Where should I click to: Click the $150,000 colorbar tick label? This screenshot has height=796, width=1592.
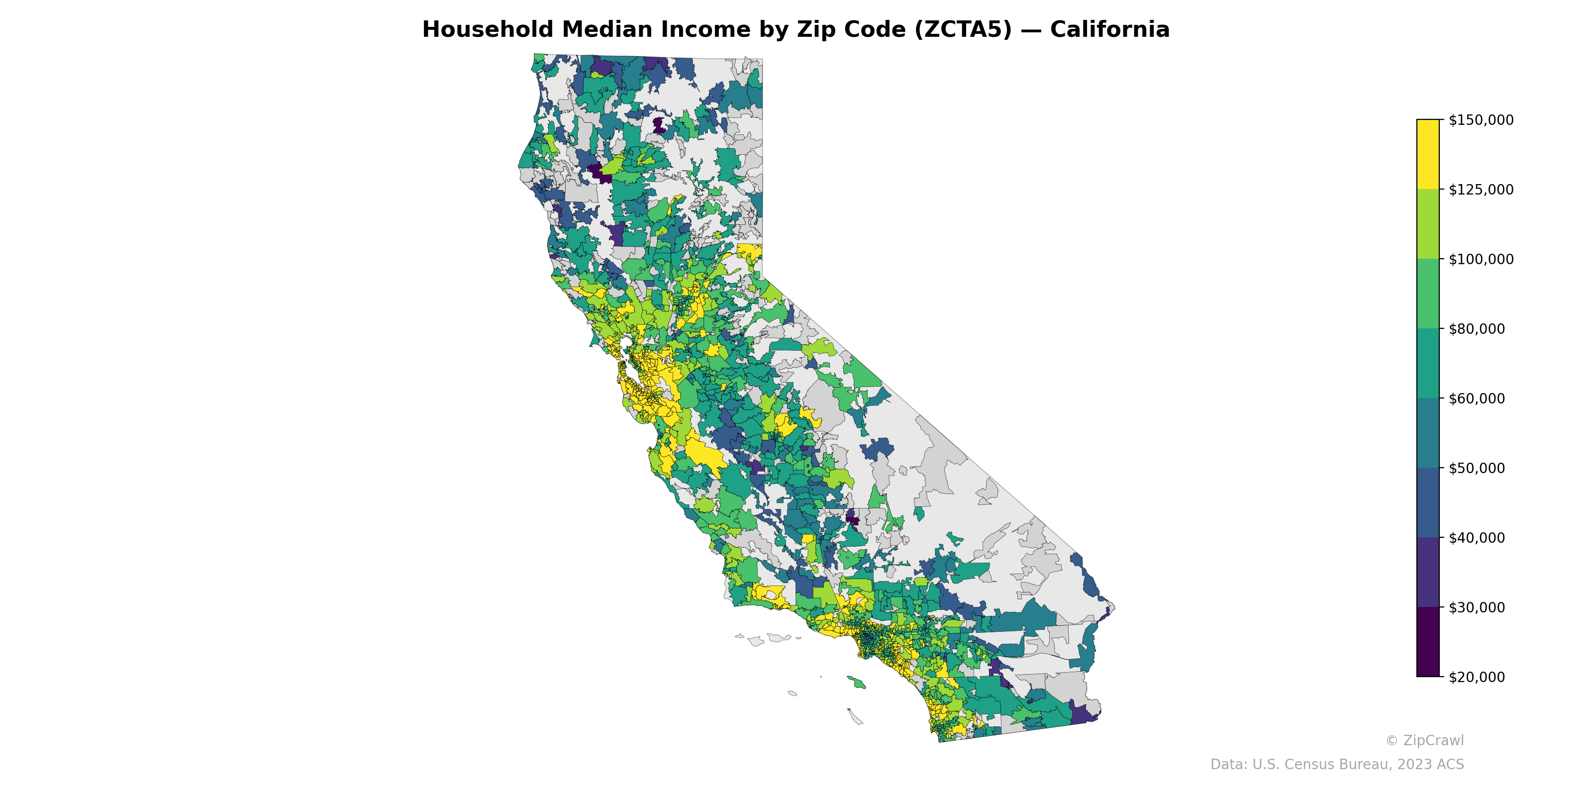click(x=1481, y=120)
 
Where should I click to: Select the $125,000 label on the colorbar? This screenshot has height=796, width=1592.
click(x=1481, y=190)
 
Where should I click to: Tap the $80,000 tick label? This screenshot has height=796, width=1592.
click(x=1477, y=329)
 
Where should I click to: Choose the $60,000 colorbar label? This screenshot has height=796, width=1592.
click(x=1477, y=398)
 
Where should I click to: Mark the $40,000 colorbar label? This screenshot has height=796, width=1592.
click(x=1477, y=538)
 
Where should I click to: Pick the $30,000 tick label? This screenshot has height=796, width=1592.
click(x=1477, y=607)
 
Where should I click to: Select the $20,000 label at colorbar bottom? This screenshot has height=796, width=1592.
click(x=1477, y=677)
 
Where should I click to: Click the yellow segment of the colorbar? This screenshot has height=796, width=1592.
click(x=1428, y=155)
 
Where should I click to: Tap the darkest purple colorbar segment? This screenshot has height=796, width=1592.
click(x=1428, y=642)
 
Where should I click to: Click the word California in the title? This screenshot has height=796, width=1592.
click(x=1109, y=30)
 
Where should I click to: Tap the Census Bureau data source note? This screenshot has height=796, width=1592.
click(x=1337, y=765)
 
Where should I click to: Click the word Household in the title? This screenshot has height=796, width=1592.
click(x=488, y=30)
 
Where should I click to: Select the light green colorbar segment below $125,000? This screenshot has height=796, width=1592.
click(x=1428, y=224)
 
